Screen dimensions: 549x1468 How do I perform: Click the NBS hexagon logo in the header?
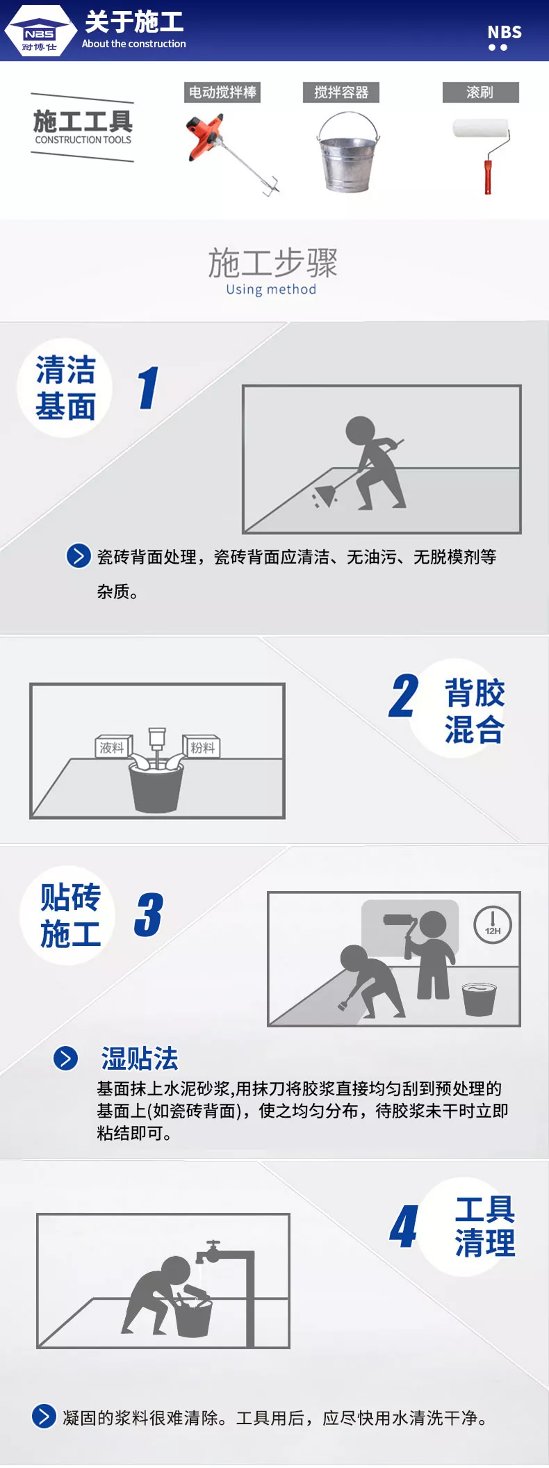tap(40, 31)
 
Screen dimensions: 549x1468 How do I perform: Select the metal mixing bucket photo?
tap(348, 152)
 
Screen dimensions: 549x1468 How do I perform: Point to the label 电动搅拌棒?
tap(222, 92)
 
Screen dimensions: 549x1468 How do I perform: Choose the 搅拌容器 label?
tap(341, 92)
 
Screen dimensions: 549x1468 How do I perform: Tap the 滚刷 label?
tap(480, 92)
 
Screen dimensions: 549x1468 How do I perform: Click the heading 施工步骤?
tap(272, 263)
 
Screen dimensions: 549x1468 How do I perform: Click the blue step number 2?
tap(404, 695)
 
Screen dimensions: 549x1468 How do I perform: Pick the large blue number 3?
tap(149, 914)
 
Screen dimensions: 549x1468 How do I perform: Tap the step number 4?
tap(404, 1227)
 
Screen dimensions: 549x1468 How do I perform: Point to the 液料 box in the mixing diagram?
tap(113, 747)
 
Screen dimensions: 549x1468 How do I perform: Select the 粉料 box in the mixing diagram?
tap(202, 747)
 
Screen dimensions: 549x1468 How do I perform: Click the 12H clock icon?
tap(493, 925)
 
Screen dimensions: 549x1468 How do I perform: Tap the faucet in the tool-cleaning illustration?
tap(211, 1253)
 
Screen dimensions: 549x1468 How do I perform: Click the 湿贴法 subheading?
tap(140, 1059)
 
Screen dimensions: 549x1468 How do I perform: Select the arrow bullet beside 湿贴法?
tap(66, 1059)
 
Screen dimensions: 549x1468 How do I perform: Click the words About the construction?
tap(134, 44)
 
